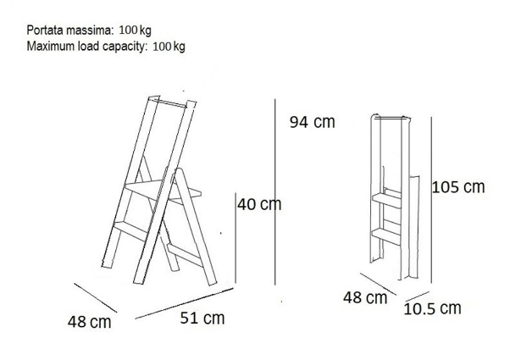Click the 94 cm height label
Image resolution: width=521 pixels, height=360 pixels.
coord(312,122)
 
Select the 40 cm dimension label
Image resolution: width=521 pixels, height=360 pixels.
coord(259,204)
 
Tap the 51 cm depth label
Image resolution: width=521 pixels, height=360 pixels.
coord(202,318)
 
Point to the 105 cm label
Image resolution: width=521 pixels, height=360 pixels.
coord(458,187)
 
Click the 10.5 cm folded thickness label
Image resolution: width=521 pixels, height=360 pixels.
coord(432,308)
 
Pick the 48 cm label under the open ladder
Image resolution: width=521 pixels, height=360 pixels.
coord(90,322)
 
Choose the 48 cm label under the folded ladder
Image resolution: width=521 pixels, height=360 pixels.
coord(365,297)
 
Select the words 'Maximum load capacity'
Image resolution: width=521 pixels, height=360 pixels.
coord(86,46)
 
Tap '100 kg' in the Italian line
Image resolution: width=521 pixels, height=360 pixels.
coord(136,30)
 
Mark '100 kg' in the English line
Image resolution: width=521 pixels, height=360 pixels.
coord(169,47)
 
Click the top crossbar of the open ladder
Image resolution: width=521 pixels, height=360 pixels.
coord(172,102)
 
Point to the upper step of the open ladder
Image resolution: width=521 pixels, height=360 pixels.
coord(163,191)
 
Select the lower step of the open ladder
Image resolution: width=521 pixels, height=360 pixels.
coord(131,230)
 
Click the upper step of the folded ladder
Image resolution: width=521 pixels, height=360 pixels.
coord(386,200)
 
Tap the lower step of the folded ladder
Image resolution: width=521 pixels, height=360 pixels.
coord(386,236)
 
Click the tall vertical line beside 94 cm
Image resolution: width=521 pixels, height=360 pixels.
coord(275,192)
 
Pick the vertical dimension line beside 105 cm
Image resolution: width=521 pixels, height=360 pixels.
coord(431,200)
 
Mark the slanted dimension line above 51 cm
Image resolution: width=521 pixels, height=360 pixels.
coord(185,303)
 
